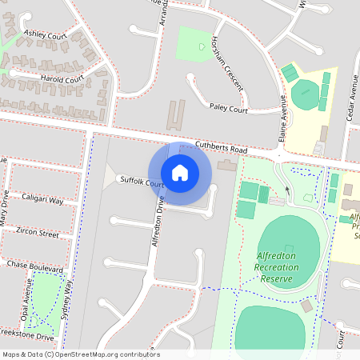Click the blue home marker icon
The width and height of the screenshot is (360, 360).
[179, 172]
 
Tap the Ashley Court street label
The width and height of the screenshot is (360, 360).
[45, 35]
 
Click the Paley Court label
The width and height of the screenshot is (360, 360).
[230, 106]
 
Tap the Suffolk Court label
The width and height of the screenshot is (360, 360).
[142, 182]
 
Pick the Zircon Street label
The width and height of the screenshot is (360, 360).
[38, 233]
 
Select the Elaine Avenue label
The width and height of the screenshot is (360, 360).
[282, 120]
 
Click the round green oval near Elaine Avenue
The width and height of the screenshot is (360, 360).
[305, 96]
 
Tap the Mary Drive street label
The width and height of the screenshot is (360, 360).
[4, 210]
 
